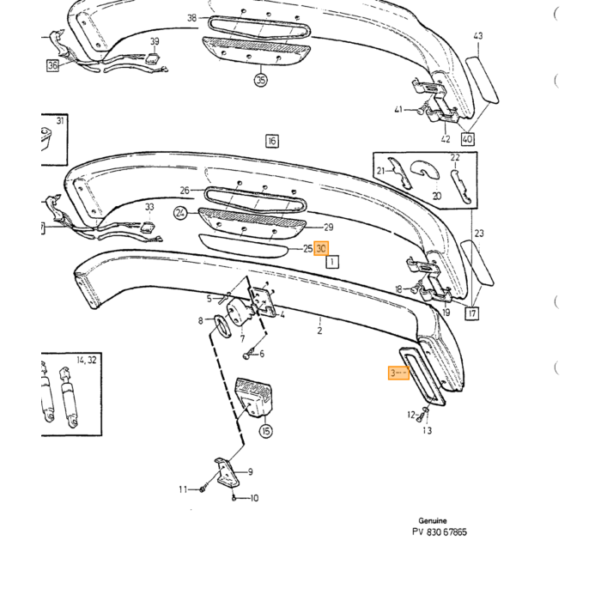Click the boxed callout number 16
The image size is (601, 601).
coord(272,141)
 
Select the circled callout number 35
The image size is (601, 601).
coord(261,80)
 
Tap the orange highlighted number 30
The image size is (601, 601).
coord(321,249)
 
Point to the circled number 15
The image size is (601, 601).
coord(266,431)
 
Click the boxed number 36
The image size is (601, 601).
coord(53,65)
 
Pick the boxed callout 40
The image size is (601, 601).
coord(467,139)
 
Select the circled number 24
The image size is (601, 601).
coord(180,213)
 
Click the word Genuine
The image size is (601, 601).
coord(433,520)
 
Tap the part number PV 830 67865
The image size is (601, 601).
coord(440,532)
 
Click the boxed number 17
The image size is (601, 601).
coord(472,313)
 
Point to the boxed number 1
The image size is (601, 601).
coord(332,262)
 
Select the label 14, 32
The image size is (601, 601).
coord(87,361)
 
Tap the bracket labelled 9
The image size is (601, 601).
coord(228,472)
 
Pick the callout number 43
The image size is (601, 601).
coord(478,36)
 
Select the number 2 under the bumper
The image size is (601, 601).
coord(319,331)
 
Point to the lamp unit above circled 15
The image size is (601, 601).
coord(254,397)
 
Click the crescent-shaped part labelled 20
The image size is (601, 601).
coord(426,170)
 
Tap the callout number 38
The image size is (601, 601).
coord(192,18)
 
